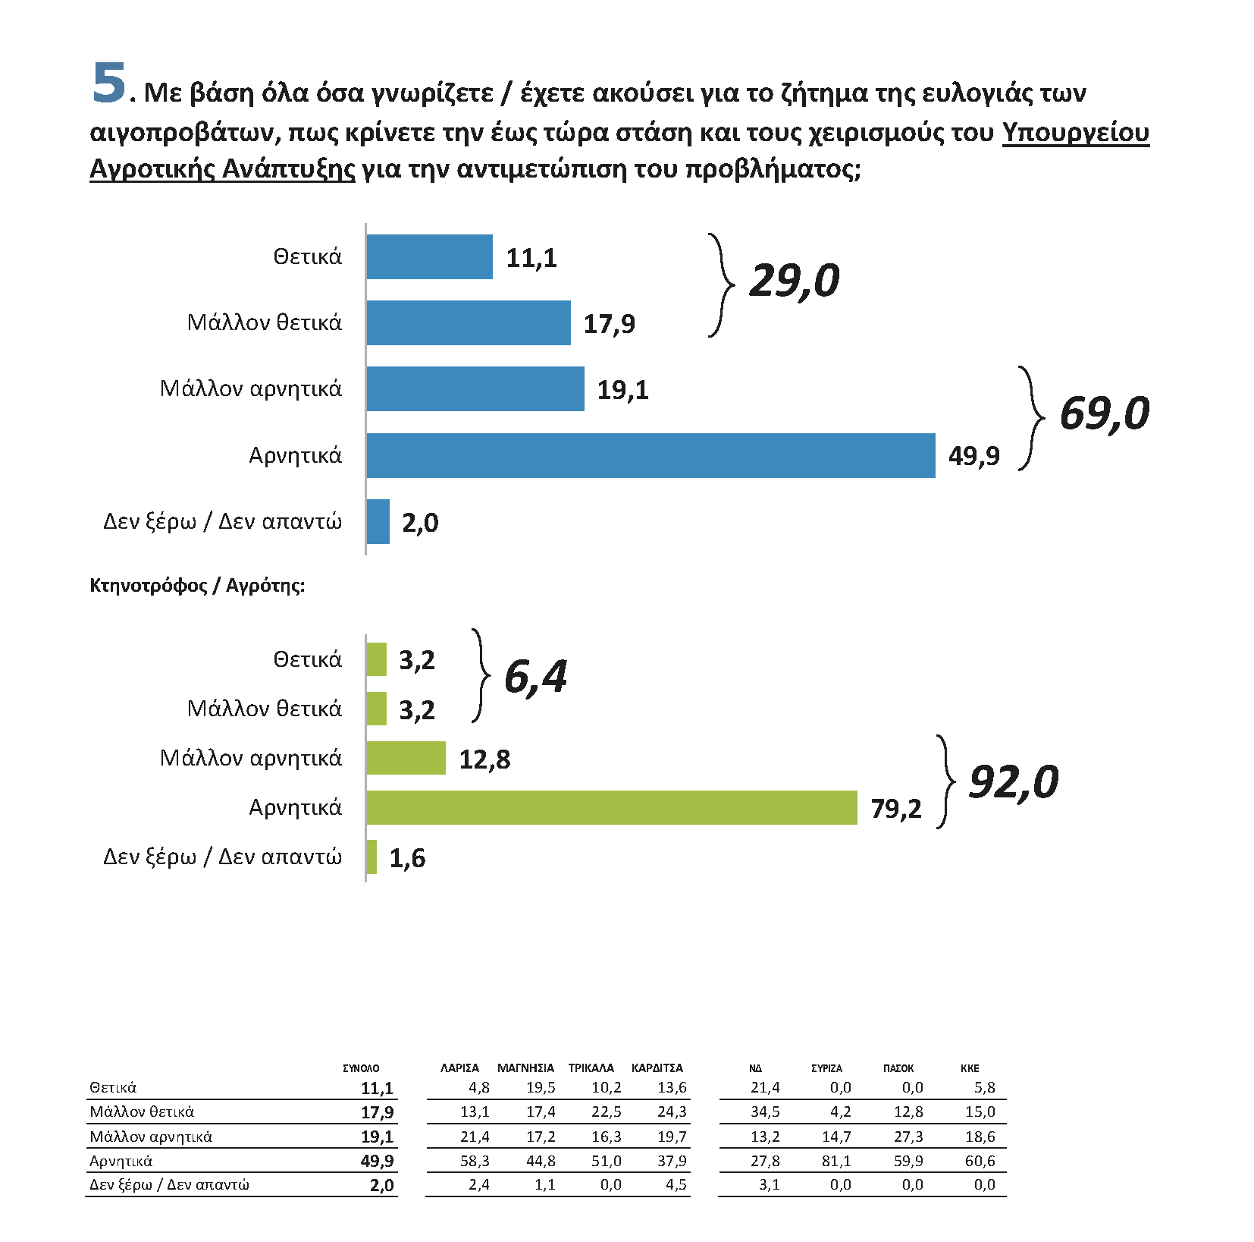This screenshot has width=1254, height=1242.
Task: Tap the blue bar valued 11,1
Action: tap(429, 257)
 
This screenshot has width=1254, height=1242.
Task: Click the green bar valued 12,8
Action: tap(406, 758)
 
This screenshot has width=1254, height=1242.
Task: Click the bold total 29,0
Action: tap(794, 281)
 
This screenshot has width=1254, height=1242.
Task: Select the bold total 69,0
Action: tap(1104, 413)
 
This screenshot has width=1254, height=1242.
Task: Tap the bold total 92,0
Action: tap(1014, 781)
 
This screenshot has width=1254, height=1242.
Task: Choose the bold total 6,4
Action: tap(535, 677)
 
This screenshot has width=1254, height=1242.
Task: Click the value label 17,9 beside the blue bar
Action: tap(609, 324)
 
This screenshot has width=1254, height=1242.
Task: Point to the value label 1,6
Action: tap(407, 858)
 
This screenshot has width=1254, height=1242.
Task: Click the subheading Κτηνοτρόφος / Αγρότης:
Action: tap(197, 586)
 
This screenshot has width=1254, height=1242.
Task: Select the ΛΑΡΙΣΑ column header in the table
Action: tap(459, 1068)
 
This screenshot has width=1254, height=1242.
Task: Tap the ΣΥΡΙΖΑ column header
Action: tap(826, 1068)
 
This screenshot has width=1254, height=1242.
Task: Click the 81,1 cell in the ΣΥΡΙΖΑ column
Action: tap(836, 1161)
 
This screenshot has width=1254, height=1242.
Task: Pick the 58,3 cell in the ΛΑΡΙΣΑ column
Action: tap(475, 1161)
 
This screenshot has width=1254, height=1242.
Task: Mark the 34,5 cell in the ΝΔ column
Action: tap(765, 1112)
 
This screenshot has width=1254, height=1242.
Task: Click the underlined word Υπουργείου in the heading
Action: tap(1075, 132)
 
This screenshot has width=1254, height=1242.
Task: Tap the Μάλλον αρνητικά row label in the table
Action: tap(151, 1137)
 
